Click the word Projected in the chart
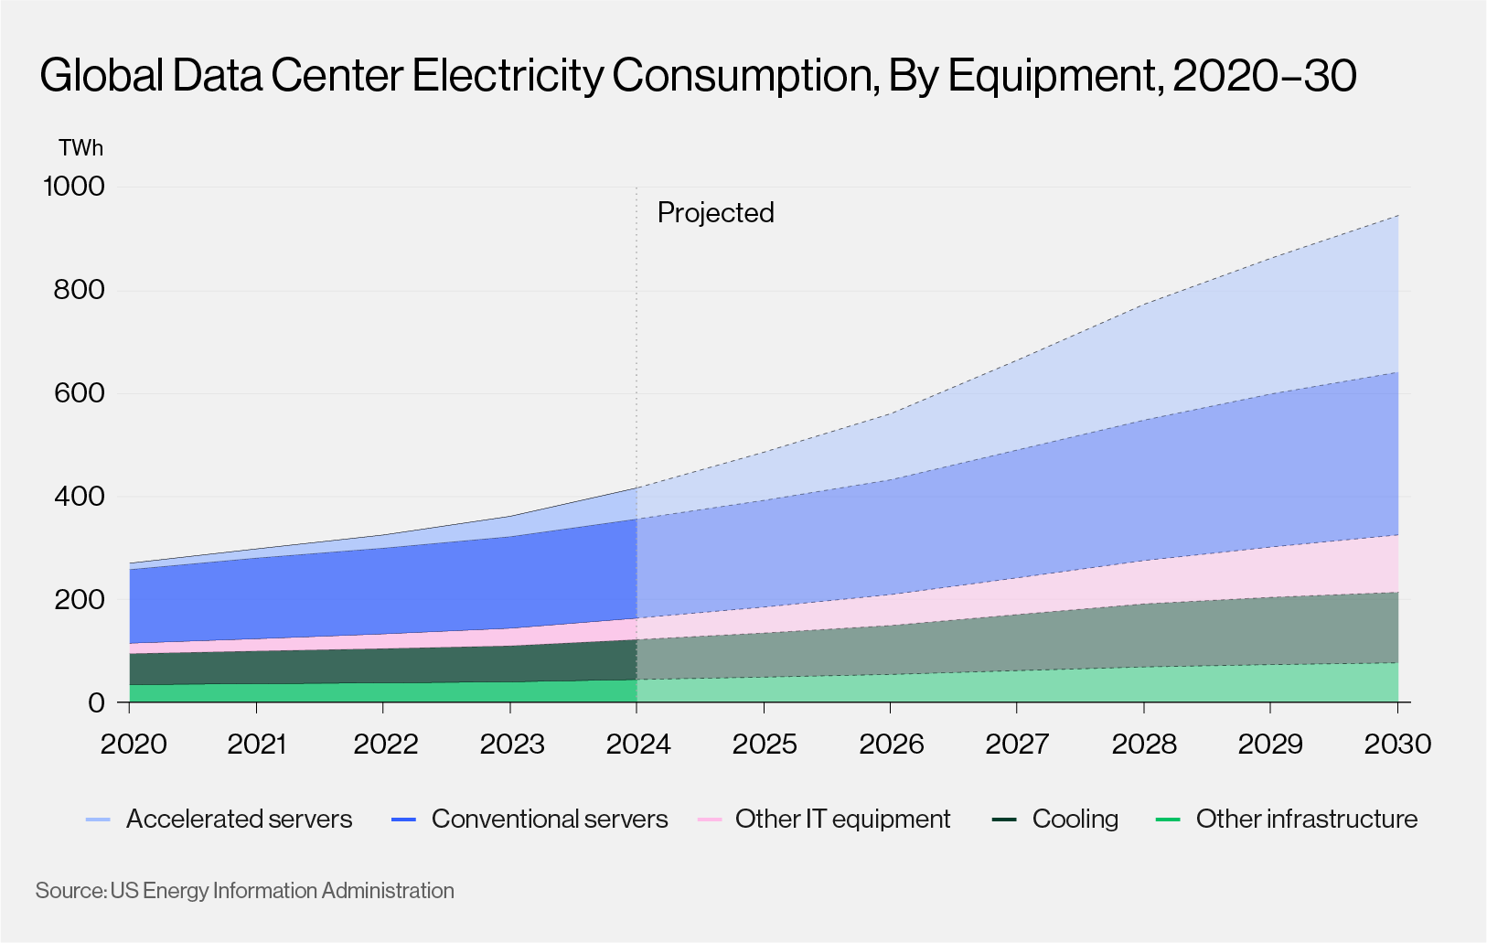[715, 212]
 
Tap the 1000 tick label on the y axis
[74, 187]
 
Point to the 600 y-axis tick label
[79, 393]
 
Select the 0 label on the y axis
[96, 702]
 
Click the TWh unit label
[80, 148]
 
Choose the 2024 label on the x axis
[637, 745]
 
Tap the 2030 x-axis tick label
[1396, 745]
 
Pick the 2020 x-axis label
[133, 745]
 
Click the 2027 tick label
[1017, 745]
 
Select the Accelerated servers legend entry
[239, 819]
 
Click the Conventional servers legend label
[549, 819]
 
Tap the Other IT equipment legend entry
[842, 819]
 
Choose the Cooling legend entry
[1075, 819]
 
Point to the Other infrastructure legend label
[1306, 819]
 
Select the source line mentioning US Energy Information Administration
[244, 890]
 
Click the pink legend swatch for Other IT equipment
[710, 820]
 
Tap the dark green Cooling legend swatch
[1004, 820]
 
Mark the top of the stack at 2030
[1397, 215]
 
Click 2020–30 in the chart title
[1264, 75]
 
